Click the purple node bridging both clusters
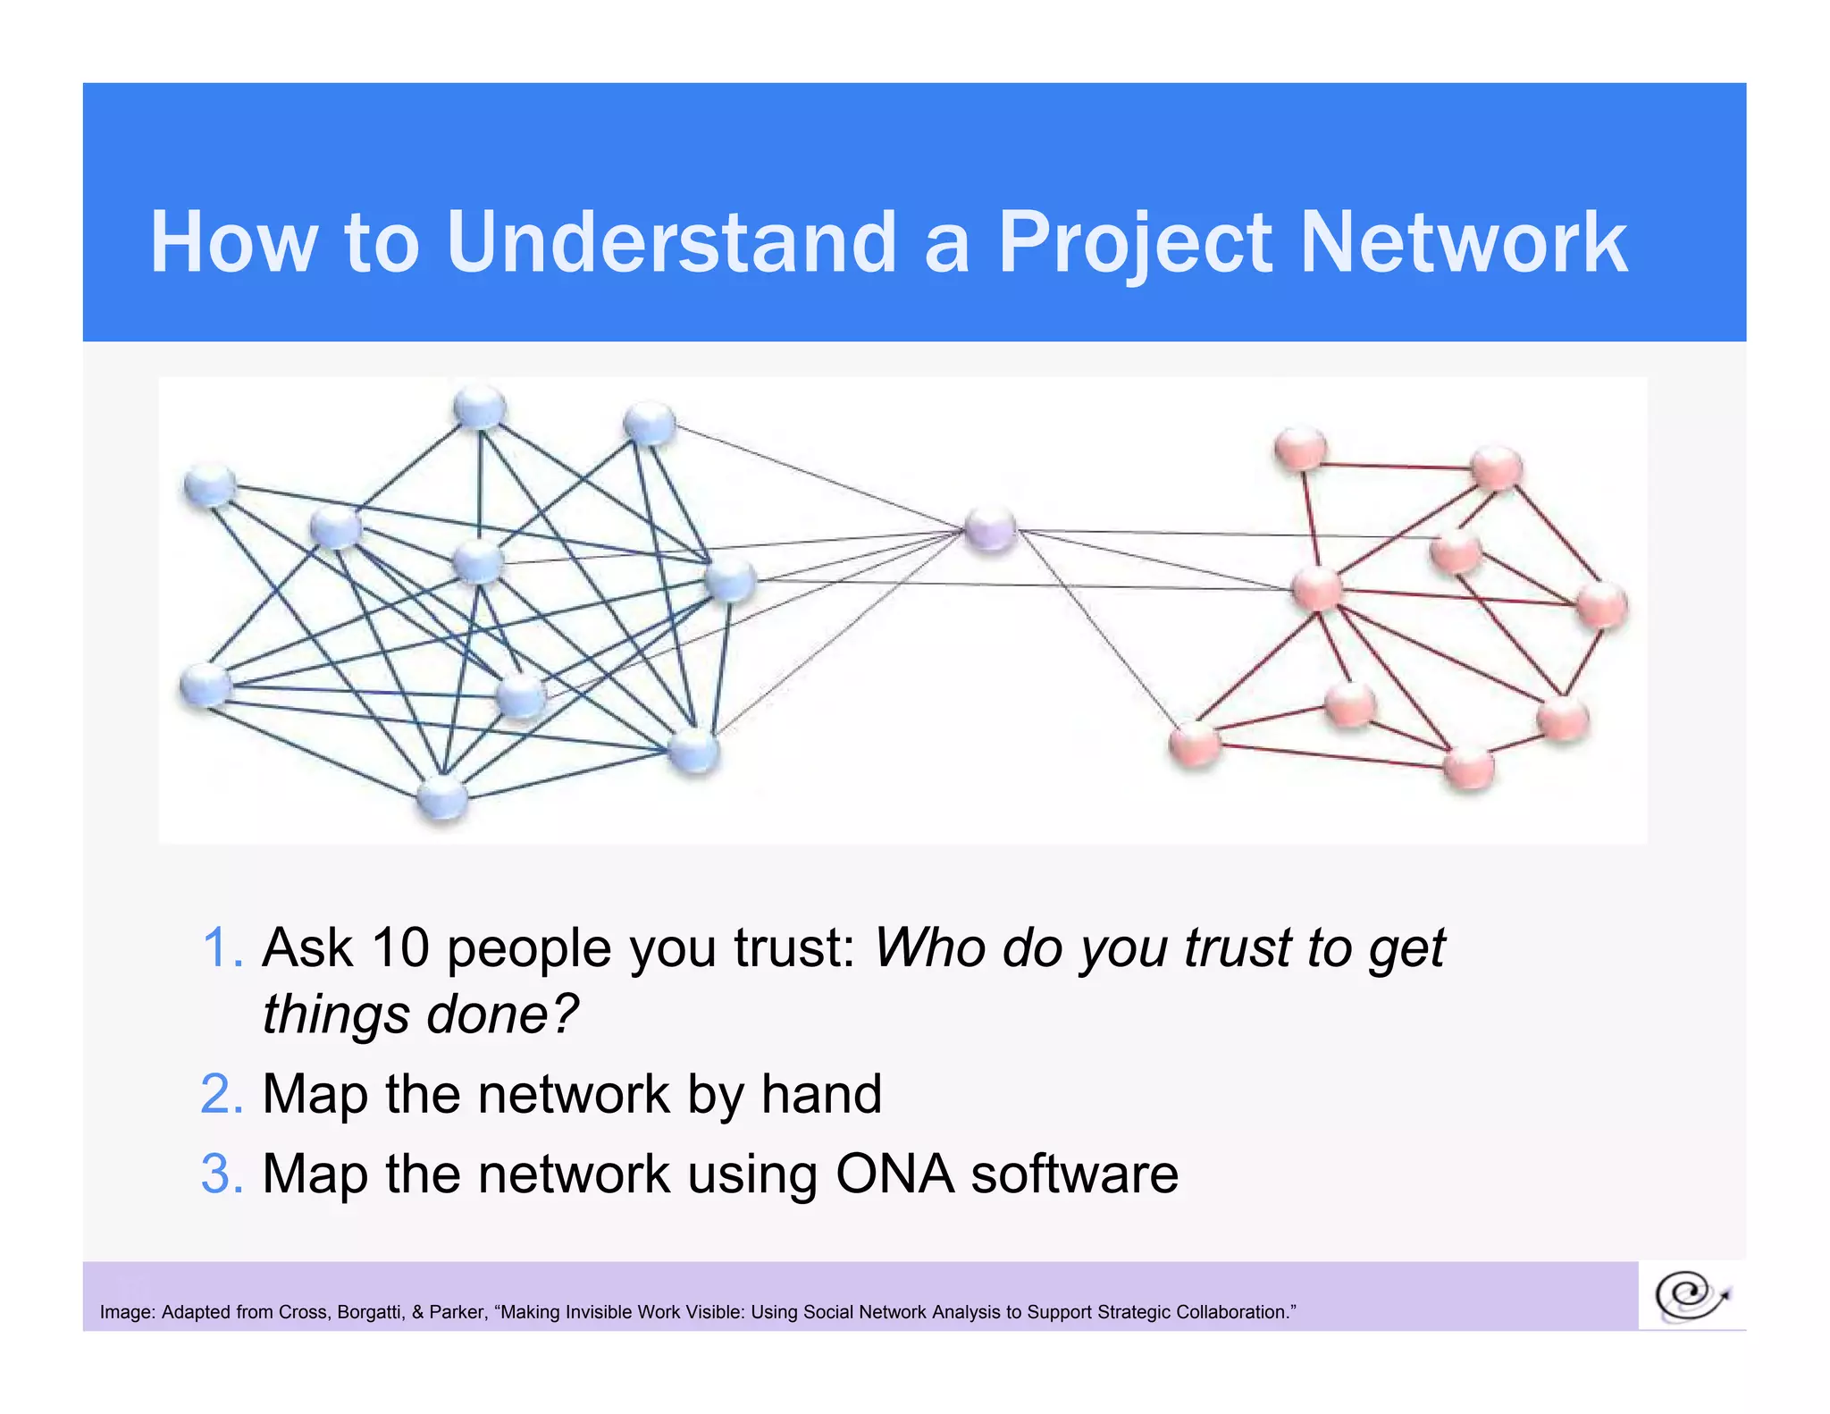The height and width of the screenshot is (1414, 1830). [x=990, y=529]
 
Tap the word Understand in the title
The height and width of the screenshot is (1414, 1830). [x=670, y=242]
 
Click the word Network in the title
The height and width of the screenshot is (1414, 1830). [x=1463, y=242]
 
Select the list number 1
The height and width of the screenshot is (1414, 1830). [x=221, y=948]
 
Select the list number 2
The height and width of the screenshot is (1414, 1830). [x=221, y=1094]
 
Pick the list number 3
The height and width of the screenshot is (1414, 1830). [x=221, y=1174]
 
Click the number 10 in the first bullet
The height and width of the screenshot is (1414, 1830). [x=400, y=948]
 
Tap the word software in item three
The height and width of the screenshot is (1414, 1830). [x=1074, y=1174]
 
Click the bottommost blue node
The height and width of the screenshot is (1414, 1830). [x=442, y=797]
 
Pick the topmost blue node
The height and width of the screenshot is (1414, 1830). [x=480, y=408]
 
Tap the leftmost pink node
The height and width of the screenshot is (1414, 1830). [x=1195, y=742]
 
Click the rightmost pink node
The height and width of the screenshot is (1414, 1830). [x=1602, y=605]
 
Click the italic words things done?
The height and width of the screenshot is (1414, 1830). [x=420, y=1015]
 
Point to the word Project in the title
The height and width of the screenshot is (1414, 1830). [x=1133, y=242]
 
